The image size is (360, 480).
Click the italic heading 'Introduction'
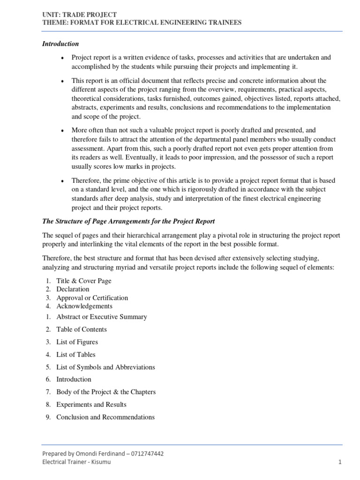tap(60, 44)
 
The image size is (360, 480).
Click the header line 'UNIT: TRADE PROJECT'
tap(80, 15)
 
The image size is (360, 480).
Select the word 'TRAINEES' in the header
tap(223, 22)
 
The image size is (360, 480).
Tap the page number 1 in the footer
tap(340, 462)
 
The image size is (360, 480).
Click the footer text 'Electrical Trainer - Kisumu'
tap(77, 462)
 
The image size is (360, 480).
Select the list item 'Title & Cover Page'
tap(84, 281)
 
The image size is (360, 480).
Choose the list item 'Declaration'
tap(73, 289)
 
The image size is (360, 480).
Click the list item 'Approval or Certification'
tap(92, 298)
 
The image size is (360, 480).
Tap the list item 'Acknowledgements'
tap(84, 306)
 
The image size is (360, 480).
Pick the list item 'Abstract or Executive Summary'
tap(102, 317)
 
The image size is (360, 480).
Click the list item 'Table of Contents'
tap(82, 330)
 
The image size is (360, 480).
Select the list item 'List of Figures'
tap(77, 342)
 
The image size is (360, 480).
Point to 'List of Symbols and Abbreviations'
tap(105, 367)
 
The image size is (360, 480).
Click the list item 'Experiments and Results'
tap(91, 405)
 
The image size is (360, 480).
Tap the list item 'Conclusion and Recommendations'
tap(105, 417)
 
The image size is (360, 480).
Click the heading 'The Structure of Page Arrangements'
tap(128, 221)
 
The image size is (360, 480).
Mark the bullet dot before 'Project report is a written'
tap(62, 58)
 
